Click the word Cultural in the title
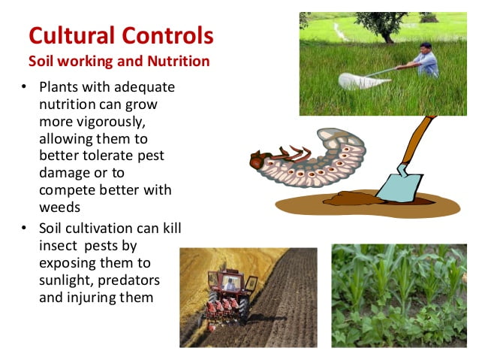tap(72, 35)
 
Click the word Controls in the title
tap(167, 35)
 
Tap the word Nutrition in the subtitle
tap(179, 61)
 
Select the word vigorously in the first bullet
tap(111, 122)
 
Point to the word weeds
tap(60, 207)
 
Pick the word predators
tap(129, 280)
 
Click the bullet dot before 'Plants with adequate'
tap(24, 86)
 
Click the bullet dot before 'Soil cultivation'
tap(24, 228)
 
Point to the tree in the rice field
tap(382, 26)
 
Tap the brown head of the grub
tap(258, 159)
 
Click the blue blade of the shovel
tap(399, 185)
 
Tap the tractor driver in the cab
tap(229, 285)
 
